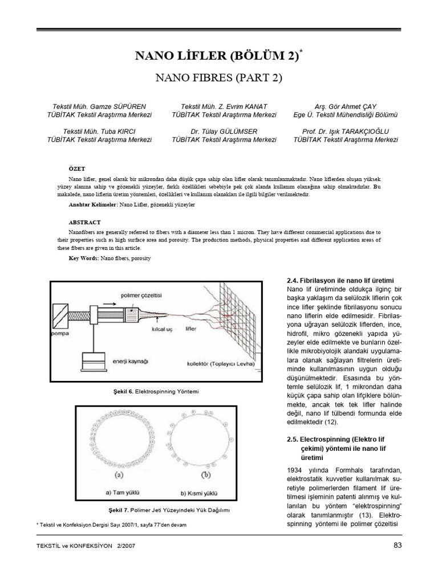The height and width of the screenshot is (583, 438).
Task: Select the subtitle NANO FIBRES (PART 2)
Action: (x=219, y=77)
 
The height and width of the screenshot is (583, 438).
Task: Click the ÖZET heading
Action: (x=76, y=169)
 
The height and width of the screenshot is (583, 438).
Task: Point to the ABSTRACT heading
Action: (x=84, y=222)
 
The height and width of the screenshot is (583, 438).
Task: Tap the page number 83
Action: (x=398, y=547)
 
